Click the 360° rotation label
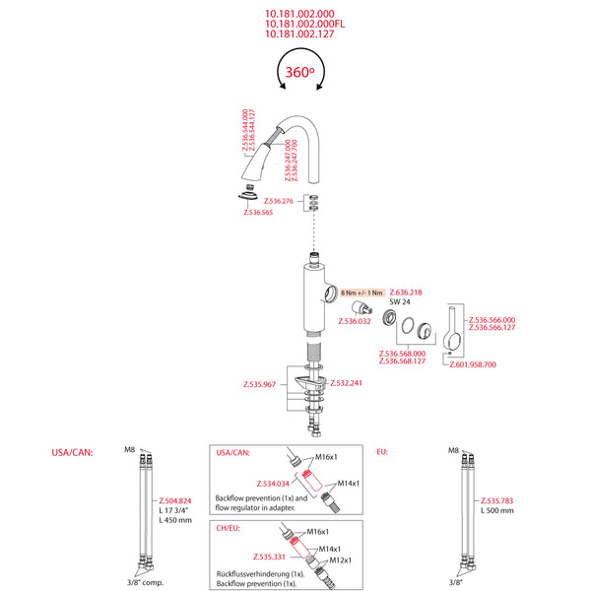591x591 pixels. pyautogui.click(x=299, y=72)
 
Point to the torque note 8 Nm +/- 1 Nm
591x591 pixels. pyautogui.click(x=361, y=294)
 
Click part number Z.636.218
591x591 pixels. pyautogui.click(x=406, y=293)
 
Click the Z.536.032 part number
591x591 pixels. pyautogui.click(x=355, y=321)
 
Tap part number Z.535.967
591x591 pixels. pyautogui.click(x=262, y=383)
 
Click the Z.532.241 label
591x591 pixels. pyautogui.click(x=346, y=383)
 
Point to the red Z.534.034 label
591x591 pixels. pyautogui.click(x=273, y=484)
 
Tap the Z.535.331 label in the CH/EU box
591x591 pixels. pyautogui.click(x=269, y=557)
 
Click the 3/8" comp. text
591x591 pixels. pyautogui.click(x=148, y=582)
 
